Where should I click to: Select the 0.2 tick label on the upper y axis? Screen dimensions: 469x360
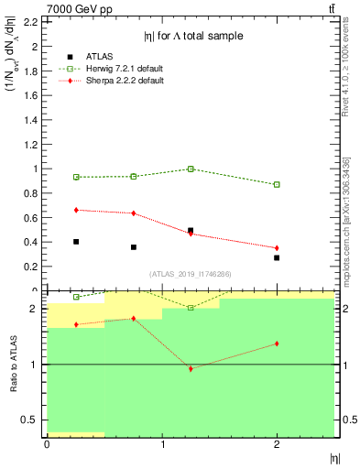[x=33, y=267]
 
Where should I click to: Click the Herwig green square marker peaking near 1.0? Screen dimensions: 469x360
[x=191, y=169]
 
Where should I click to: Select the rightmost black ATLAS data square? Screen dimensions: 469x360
[x=277, y=257]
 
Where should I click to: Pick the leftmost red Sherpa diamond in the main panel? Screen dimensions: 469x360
[x=76, y=210]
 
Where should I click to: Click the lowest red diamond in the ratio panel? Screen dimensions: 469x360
[x=191, y=368]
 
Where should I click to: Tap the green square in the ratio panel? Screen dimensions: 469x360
[x=191, y=308]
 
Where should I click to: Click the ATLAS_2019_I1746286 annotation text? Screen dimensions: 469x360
[x=190, y=274]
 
